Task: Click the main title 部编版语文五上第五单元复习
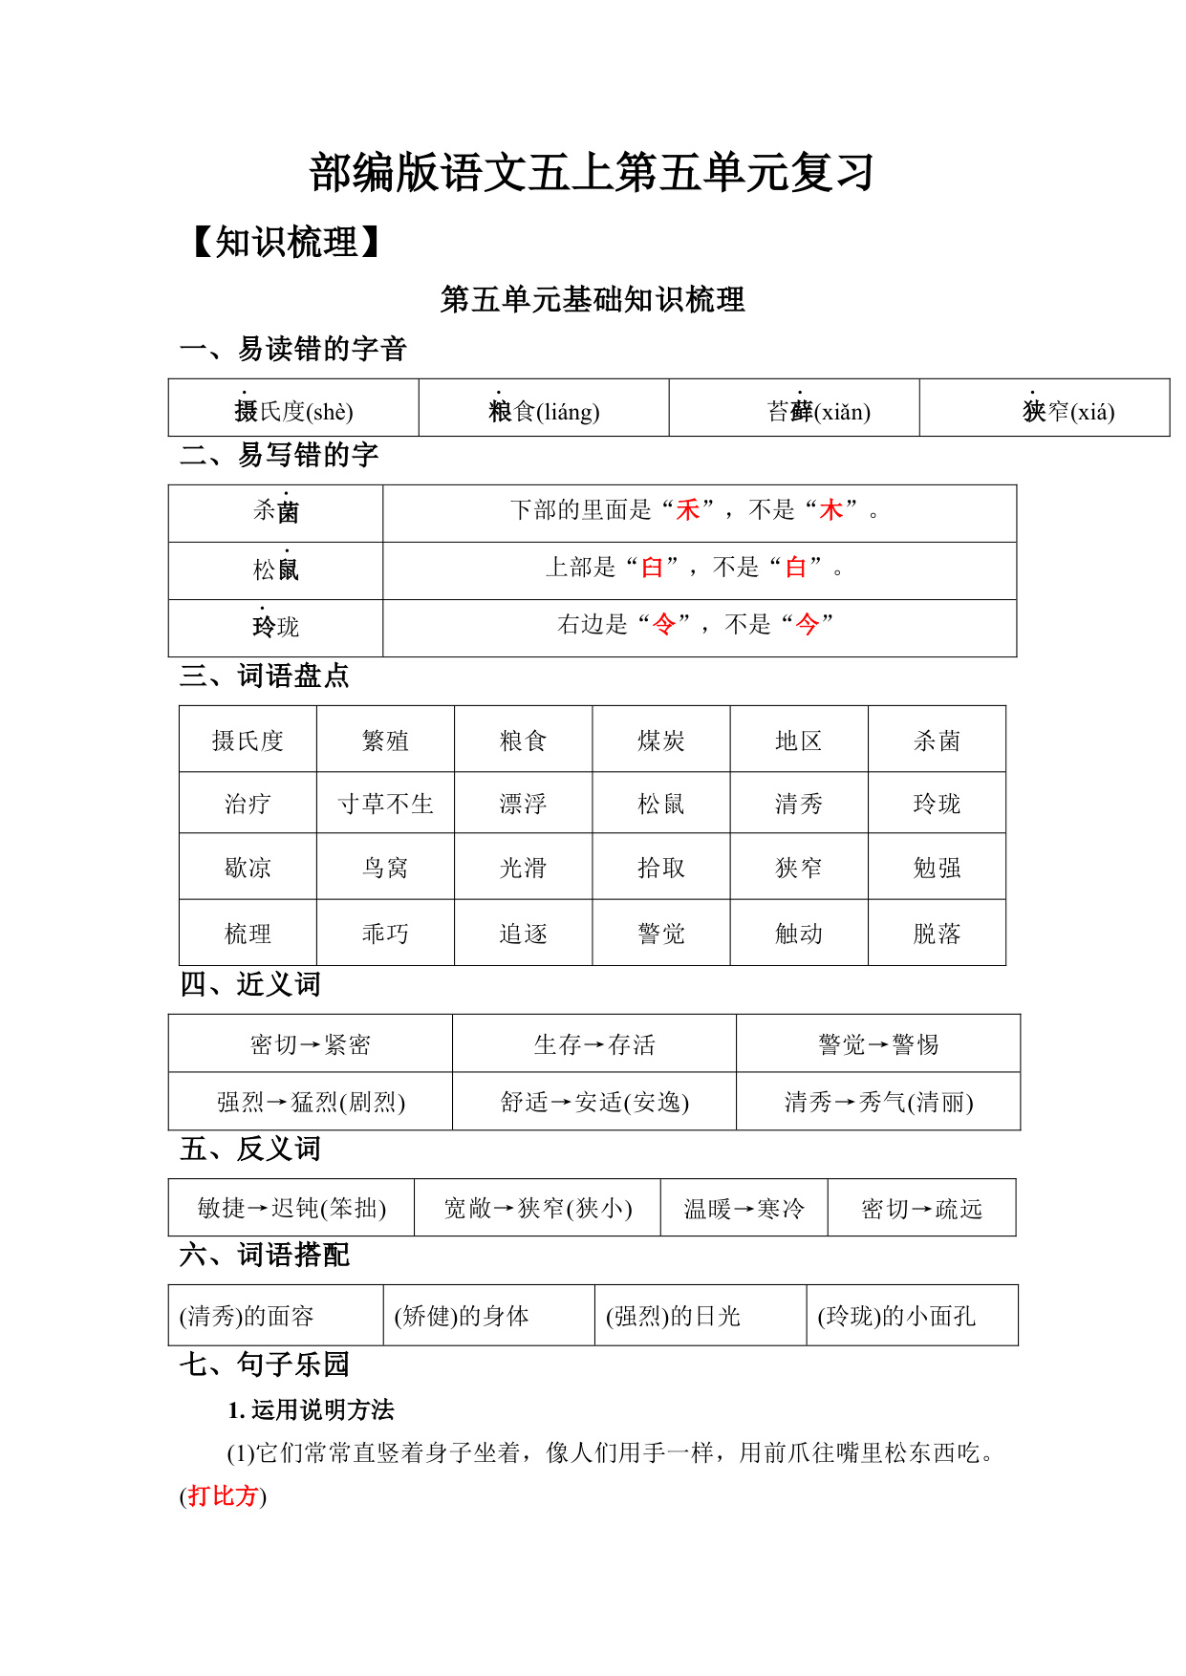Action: tap(592, 173)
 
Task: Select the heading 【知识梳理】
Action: tap(286, 243)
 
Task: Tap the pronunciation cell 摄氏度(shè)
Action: tap(293, 411)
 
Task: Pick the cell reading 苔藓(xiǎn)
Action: tap(818, 411)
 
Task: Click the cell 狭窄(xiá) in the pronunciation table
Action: tap(1067, 411)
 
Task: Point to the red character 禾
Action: tap(688, 510)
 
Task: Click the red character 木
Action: tap(831, 510)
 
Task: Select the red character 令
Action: tap(663, 625)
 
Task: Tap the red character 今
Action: tap(808, 625)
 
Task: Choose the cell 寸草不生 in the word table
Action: tap(385, 805)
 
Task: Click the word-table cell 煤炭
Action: tap(661, 741)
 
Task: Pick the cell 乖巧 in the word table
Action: tap(385, 934)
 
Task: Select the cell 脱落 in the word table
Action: tap(937, 934)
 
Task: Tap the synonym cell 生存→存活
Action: tap(594, 1044)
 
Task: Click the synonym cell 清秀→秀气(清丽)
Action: tap(878, 1103)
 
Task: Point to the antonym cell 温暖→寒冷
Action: tap(744, 1209)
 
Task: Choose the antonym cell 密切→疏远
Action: tap(921, 1209)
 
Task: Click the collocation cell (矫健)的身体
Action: tap(462, 1316)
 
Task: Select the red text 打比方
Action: tap(223, 1495)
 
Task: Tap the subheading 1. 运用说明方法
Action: tap(311, 1410)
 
